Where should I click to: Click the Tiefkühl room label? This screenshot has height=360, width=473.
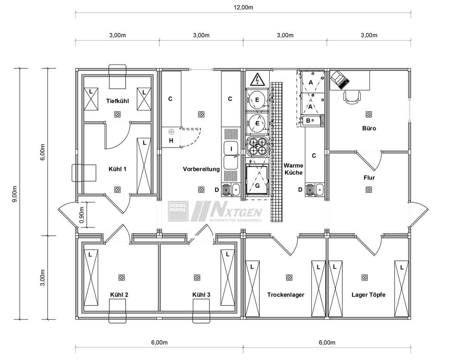tap(117, 101)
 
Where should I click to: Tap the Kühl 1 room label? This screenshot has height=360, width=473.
tap(117, 169)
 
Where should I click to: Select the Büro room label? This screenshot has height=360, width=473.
tap(369, 128)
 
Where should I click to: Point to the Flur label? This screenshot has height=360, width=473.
tap(369, 178)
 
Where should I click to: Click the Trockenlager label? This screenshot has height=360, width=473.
tap(286, 295)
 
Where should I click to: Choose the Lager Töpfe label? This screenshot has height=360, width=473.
tap(369, 295)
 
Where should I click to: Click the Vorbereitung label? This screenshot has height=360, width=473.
tap(201, 169)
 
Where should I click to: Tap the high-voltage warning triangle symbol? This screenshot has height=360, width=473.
tap(257, 80)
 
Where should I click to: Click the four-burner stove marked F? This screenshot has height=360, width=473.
tap(257, 146)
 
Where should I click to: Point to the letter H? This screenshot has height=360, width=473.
tap(171, 140)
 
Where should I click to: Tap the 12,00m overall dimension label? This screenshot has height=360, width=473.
tap(243, 8)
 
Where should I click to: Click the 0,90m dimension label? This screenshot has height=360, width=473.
tap(81, 215)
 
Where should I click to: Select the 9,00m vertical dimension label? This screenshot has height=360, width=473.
tap(15, 194)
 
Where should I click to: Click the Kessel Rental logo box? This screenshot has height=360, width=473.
tap(178, 211)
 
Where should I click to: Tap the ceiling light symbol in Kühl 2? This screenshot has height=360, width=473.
tap(121, 277)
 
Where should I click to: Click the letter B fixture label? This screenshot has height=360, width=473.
tap(308, 121)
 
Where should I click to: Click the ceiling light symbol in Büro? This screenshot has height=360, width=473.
tap(369, 114)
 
